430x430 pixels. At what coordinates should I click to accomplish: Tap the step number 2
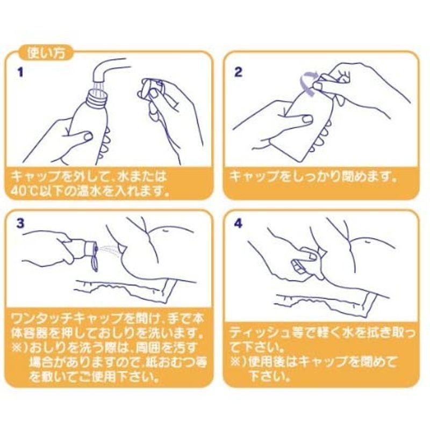(238, 72)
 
